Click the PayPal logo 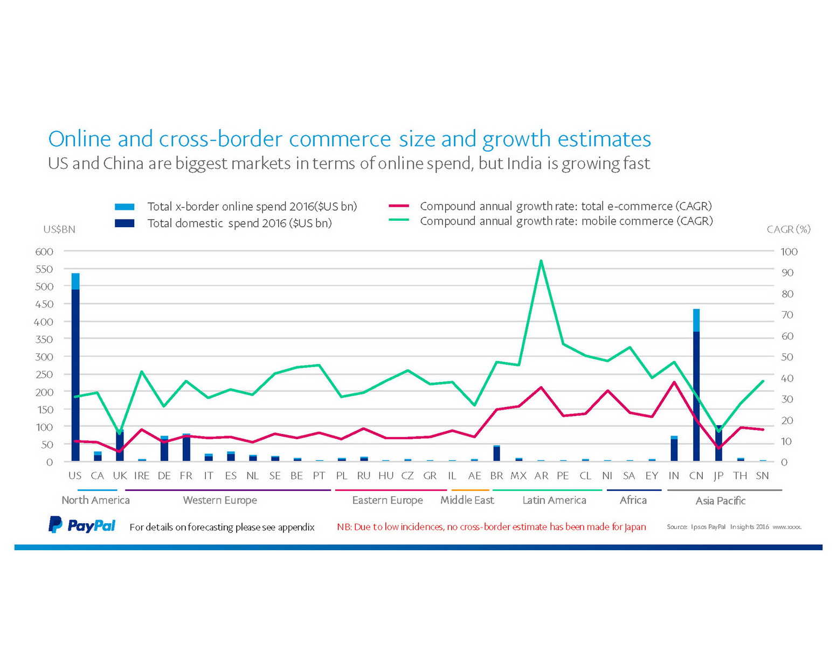(x=82, y=525)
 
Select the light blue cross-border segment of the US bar (x=75, y=281)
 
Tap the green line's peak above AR (x=541, y=261)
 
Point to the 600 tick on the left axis (x=44, y=251)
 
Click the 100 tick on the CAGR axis (x=788, y=251)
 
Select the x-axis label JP (x=718, y=476)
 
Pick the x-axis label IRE (x=142, y=476)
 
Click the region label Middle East (x=467, y=500)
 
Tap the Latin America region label (x=554, y=500)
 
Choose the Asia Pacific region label (x=720, y=501)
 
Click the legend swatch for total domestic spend (x=124, y=223)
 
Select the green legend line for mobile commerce (x=399, y=220)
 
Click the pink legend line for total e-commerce (x=399, y=206)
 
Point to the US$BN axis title (x=59, y=229)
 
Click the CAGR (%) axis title (x=788, y=229)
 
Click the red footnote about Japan (x=491, y=526)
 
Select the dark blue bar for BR (x=496, y=454)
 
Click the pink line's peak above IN (x=674, y=382)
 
